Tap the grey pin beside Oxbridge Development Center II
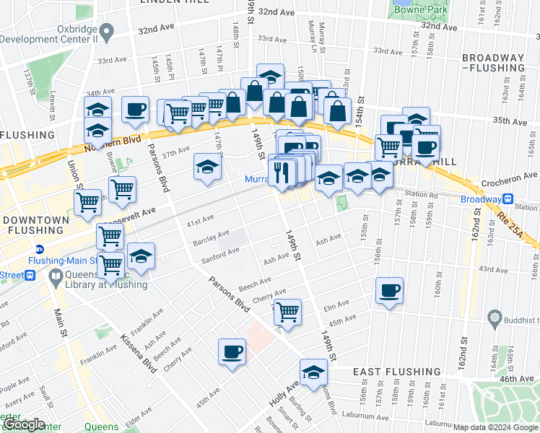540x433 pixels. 107,32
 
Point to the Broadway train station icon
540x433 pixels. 508,200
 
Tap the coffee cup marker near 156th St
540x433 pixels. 389,291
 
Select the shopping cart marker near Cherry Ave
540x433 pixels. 287,312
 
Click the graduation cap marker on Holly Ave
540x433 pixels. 313,372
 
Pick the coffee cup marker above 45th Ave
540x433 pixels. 232,352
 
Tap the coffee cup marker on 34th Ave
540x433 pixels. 135,110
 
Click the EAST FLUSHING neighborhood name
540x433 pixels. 396,372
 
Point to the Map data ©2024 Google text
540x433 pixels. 495,427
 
